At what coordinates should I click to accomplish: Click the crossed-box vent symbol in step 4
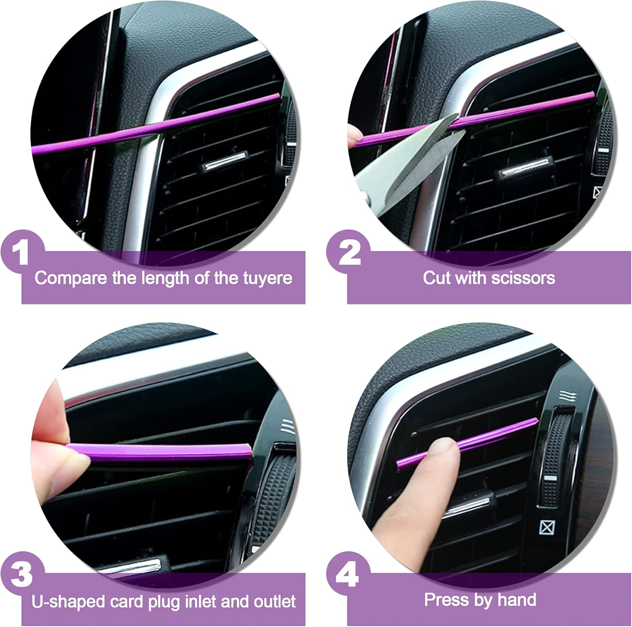[x=547, y=527]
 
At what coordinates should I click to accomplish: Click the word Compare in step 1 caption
[x=70, y=278]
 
